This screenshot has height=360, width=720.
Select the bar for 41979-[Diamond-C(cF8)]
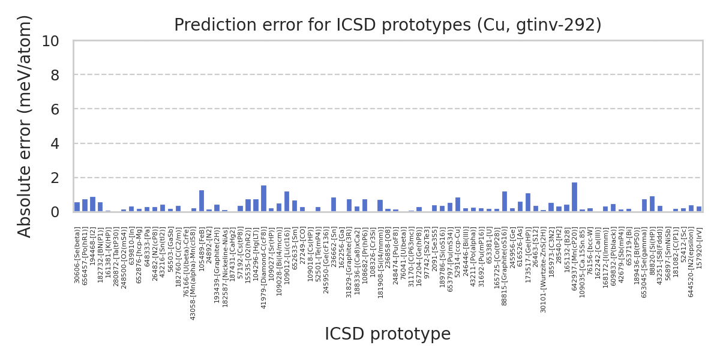point(263,199)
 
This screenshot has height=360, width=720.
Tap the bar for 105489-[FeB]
point(202,201)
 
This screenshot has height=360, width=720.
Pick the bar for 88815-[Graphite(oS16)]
point(505,202)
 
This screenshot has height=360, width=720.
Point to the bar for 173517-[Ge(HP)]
point(528,203)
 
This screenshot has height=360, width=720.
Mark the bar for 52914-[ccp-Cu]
point(458,205)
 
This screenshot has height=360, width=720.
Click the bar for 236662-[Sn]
point(334,205)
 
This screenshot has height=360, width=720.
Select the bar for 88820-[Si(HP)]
point(652,204)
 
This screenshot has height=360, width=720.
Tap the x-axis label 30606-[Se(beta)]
point(77,255)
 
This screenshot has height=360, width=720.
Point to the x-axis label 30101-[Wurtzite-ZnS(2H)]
point(544,270)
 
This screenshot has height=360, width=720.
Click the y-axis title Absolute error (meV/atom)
point(25,126)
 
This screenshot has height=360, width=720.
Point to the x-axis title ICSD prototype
point(388,334)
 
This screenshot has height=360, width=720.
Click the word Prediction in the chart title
point(205,25)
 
